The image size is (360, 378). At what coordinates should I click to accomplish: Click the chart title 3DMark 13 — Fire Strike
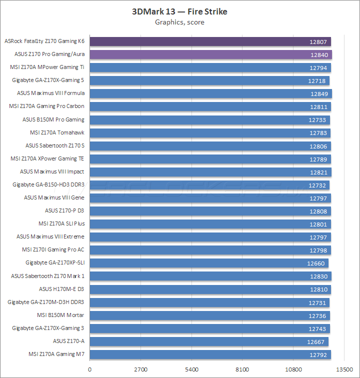179,11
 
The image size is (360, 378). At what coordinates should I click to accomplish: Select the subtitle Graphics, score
179,22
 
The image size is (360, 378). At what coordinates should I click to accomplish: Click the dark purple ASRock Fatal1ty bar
210,41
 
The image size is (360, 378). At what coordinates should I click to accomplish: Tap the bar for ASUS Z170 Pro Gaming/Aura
210,54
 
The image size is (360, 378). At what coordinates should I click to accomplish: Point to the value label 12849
319,93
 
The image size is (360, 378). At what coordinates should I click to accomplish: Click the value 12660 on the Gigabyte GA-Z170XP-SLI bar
316,263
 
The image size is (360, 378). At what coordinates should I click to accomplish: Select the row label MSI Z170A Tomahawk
57,132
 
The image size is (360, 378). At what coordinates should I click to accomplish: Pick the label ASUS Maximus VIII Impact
52,171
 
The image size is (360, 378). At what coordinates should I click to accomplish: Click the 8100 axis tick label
242,370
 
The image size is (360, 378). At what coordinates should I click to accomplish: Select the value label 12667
316,341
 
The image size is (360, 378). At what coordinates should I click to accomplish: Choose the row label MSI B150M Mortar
60,315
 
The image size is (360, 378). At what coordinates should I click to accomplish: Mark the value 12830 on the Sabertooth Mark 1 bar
319,276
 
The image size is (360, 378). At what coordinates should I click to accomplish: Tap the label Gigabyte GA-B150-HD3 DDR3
48,184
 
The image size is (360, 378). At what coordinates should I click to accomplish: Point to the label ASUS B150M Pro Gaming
53,119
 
